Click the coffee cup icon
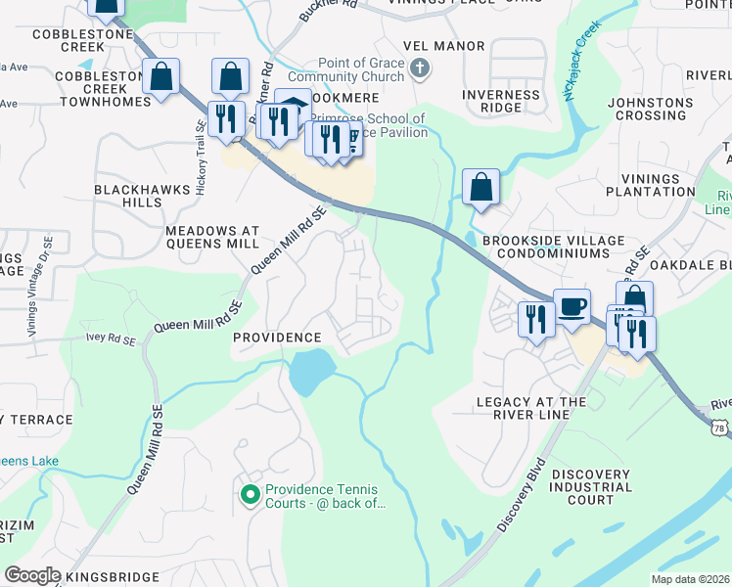coord(572,306)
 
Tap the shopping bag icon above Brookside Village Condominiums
coord(480,187)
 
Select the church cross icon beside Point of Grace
coord(420,68)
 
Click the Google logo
coord(32,575)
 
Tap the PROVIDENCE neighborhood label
coord(277,337)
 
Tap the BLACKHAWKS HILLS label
coord(127,195)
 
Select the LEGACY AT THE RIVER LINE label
coord(545,409)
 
